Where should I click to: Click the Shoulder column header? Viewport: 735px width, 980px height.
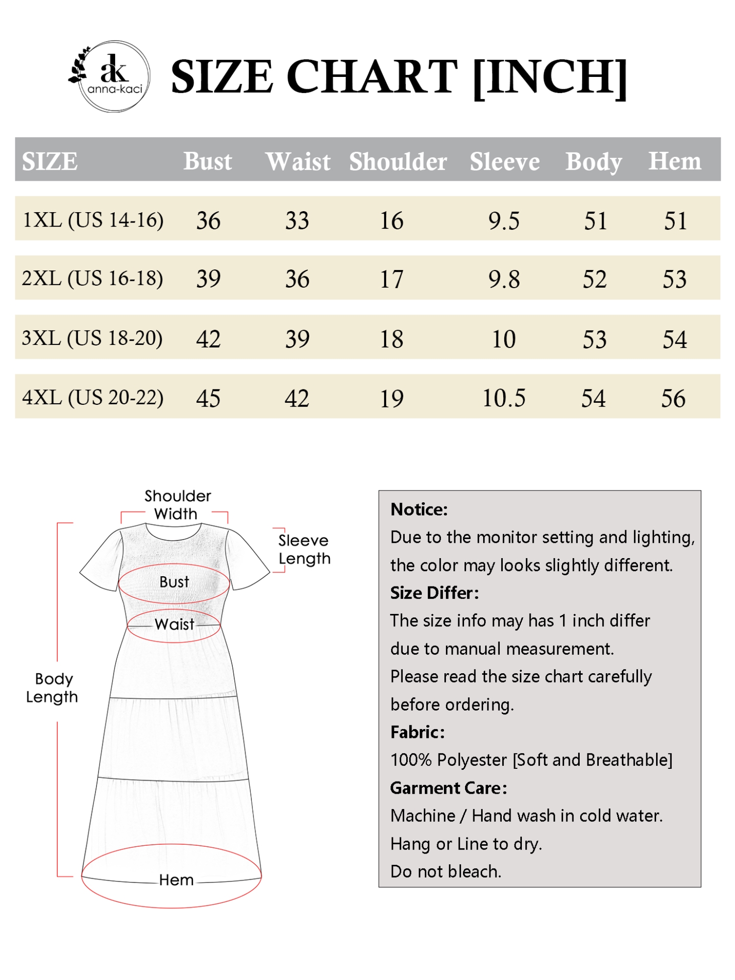click(x=397, y=161)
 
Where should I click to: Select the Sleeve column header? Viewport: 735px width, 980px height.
click(x=504, y=161)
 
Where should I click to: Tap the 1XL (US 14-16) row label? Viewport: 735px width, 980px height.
click(x=93, y=220)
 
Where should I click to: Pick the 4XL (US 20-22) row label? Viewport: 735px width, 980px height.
click(x=93, y=397)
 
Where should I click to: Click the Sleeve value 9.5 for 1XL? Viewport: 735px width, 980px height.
click(x=504, y=220)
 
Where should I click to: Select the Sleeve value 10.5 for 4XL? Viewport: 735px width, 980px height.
click(x=504, y=398)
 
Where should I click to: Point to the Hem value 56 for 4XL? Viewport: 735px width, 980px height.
click(x=673, y=398)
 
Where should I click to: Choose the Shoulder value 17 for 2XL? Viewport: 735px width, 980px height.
click(x=392, y=279)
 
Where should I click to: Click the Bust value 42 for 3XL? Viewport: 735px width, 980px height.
click(x=208, y=339)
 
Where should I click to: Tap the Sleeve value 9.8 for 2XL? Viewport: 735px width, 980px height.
click(x=504, y=279)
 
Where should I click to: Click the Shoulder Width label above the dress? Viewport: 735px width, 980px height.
click(x=177, y=505)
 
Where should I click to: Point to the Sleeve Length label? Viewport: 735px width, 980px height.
click(x=304, y=549)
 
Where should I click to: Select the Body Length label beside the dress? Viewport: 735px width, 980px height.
click(x=52, y=687)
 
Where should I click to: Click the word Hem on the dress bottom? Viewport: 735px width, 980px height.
click(x=176, y=880)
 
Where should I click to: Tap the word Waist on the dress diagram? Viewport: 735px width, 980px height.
click(x=174, y=624)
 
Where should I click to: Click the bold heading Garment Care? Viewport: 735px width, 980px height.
click(x=448, y=788)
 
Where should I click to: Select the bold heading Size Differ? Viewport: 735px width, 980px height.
click(x=434, y=593)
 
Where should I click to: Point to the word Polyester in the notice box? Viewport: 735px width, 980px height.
click(x=472, y=760)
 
